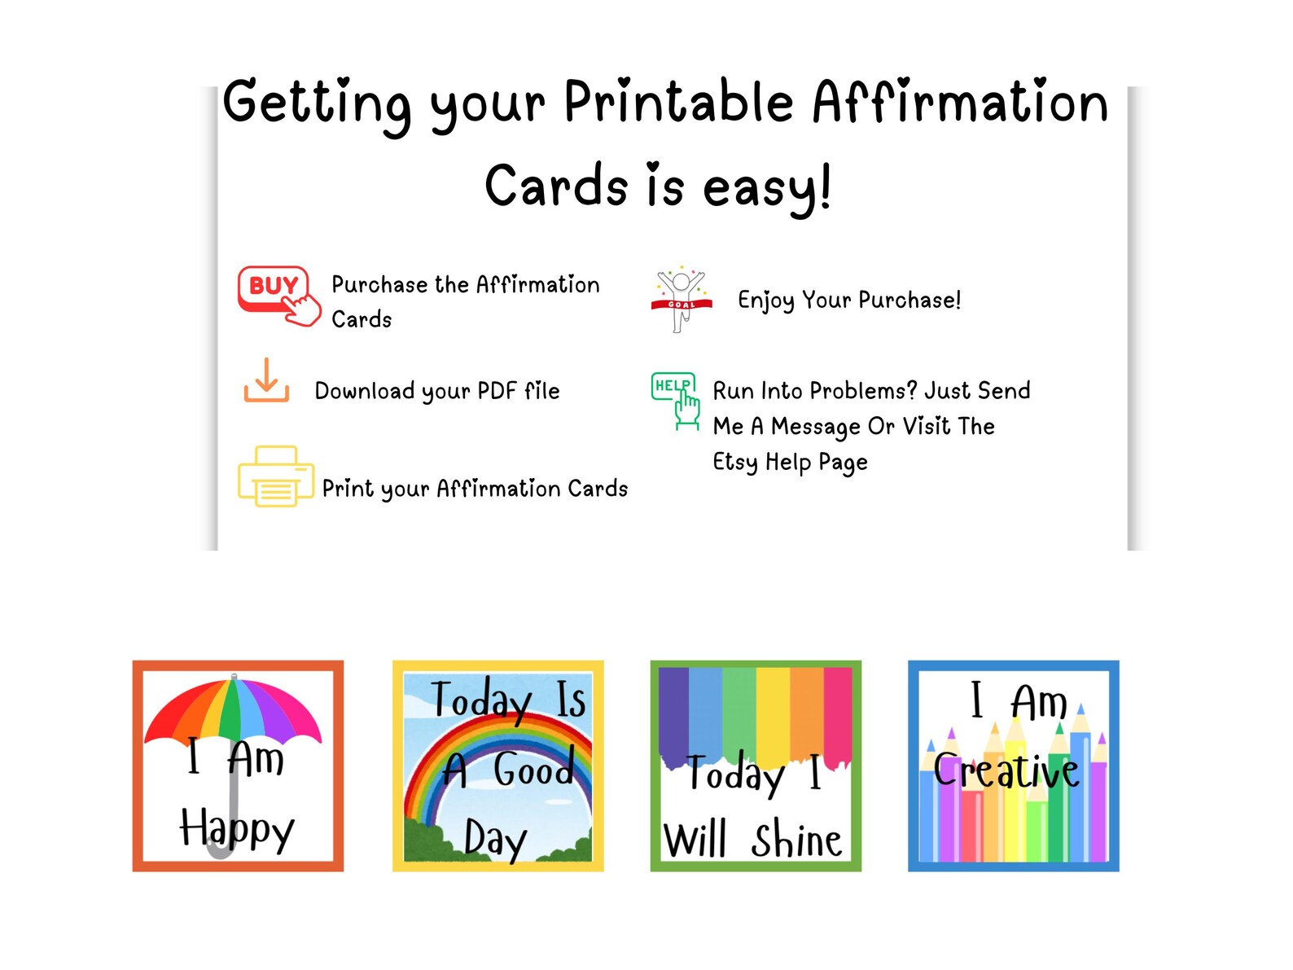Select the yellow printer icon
pos(275,476)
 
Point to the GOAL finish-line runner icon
pos(682,298)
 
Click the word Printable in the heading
pos(678,103)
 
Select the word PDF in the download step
pos(497,391)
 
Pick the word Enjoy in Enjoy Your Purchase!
pos(765,300)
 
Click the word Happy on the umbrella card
pos(236,829)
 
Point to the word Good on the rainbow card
pos(533,769)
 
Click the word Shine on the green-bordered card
pos(796,840)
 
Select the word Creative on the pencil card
pos(1006,770)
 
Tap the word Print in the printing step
pos(348,489)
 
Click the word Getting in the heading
pos(317,104)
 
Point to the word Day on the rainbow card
pos(495,839)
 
